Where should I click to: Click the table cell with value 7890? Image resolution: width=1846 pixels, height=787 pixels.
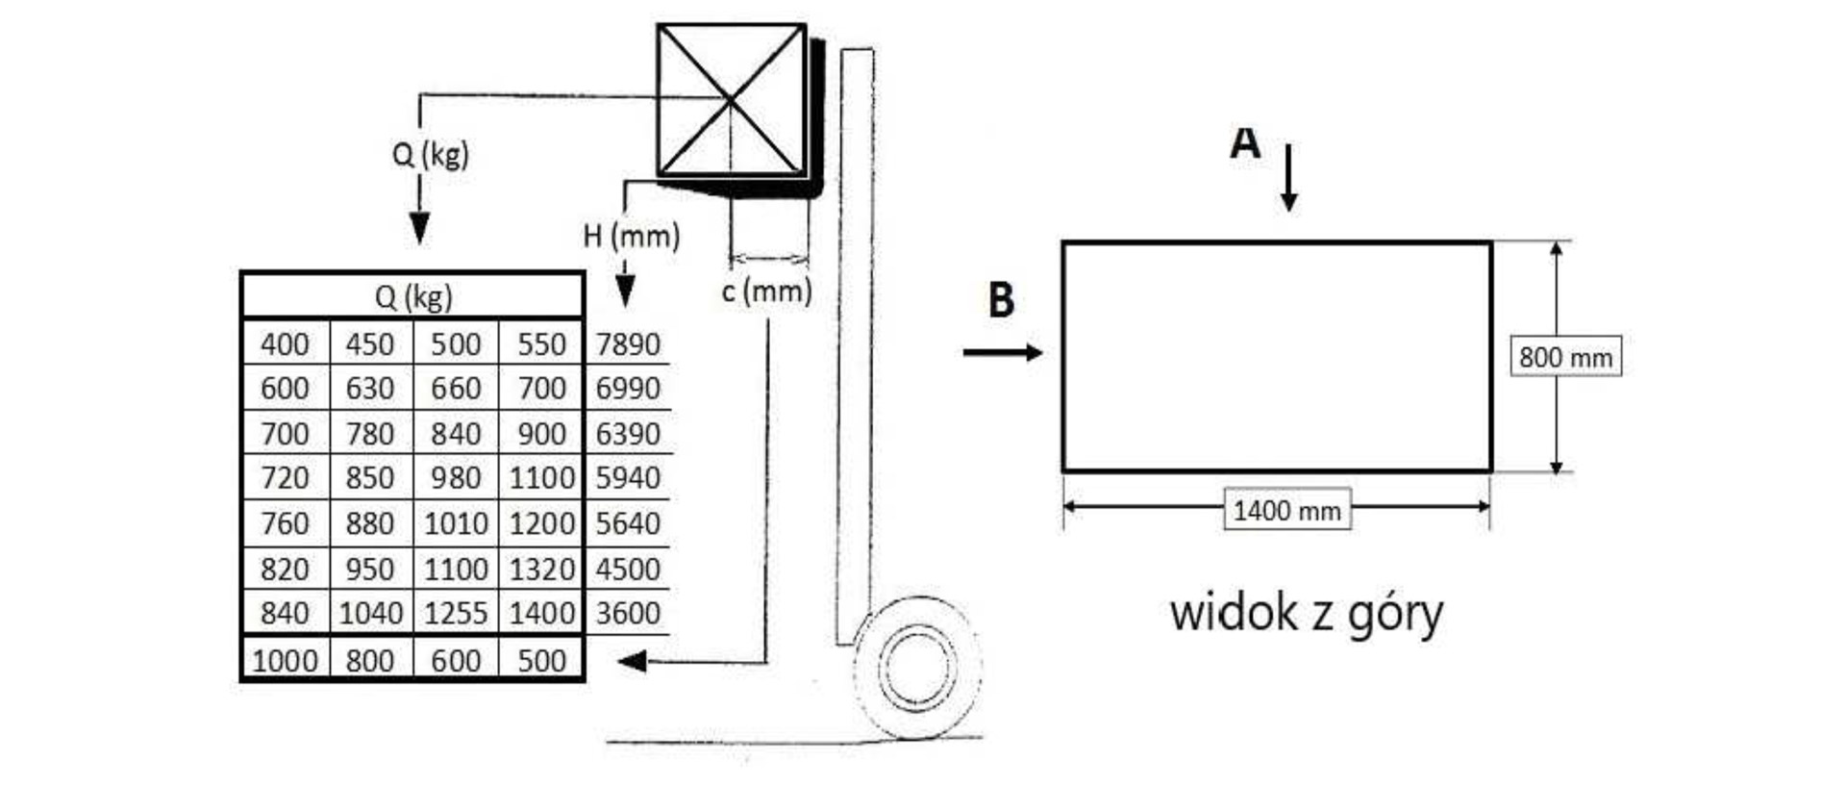(x=627, y=343)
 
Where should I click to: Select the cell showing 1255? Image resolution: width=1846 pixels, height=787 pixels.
(x=456, y=613)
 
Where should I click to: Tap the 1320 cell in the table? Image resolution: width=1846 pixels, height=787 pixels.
(x=541, y=569)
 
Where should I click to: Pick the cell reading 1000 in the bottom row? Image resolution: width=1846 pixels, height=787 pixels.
(x=285, y=660)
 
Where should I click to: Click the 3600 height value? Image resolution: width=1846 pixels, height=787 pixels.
(x=627, y=613)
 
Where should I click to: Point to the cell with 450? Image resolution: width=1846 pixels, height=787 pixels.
(x=370, y=343)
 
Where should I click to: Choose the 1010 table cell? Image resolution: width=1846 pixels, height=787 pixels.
(x=456, y=523)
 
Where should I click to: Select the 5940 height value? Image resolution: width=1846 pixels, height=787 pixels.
(x=627, y=477)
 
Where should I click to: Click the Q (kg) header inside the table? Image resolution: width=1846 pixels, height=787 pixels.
(x=413, y=296)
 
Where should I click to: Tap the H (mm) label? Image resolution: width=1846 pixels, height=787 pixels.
(x=632, y=236)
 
